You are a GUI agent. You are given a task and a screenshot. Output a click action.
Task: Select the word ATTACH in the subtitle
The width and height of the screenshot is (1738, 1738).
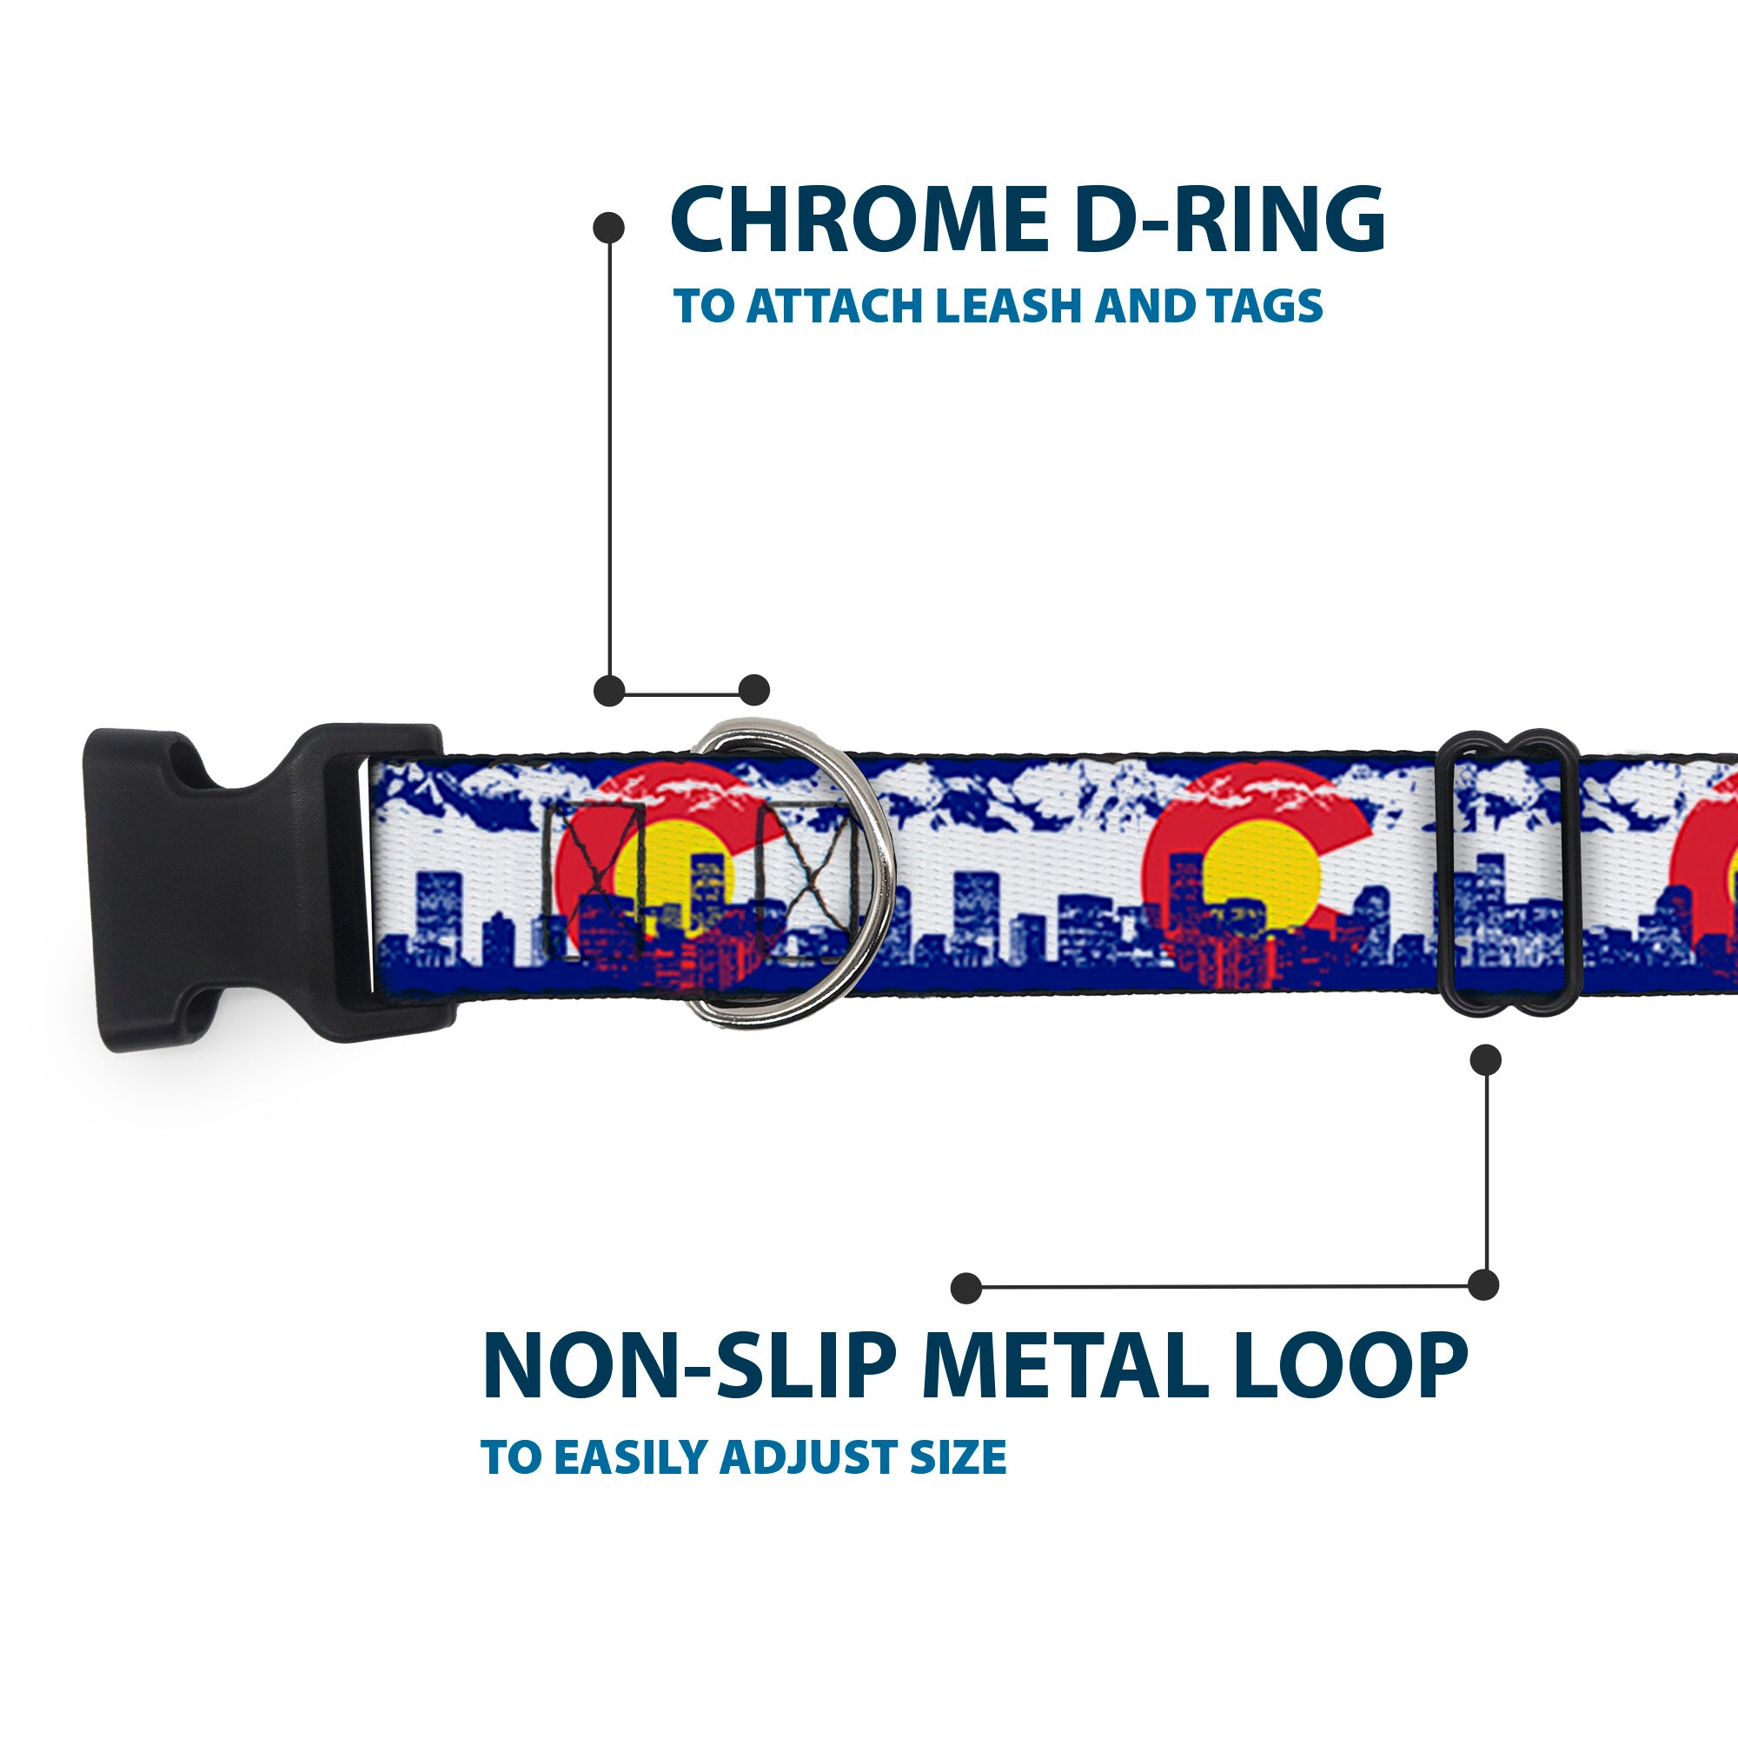[x=836, y=307]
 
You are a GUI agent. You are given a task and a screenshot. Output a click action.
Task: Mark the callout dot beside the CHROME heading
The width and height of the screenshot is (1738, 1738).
[x=609, y=228]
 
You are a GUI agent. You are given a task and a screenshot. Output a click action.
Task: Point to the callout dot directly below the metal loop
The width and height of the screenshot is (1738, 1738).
[x=1485, y=1060]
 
